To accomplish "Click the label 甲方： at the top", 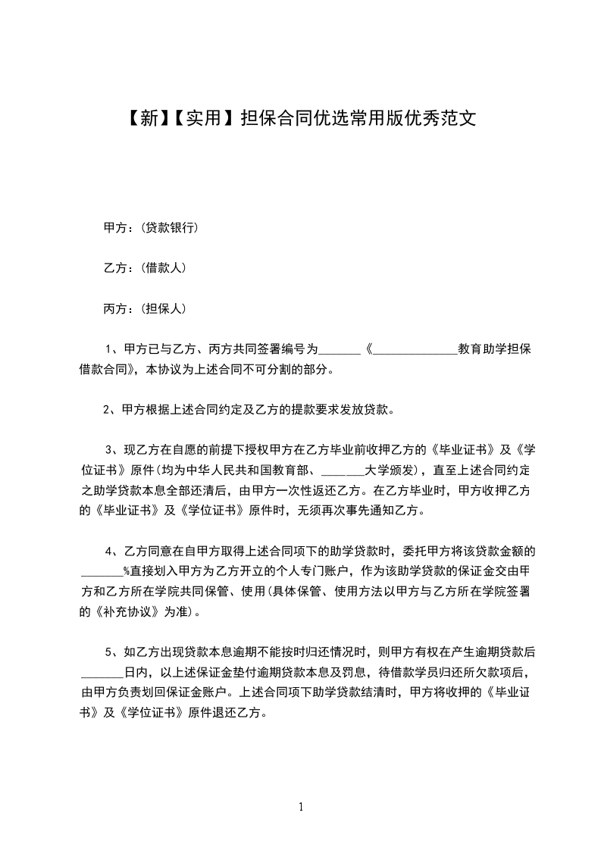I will point(117,227).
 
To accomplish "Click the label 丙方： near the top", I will point(117,309).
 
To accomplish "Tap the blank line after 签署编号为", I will point(340,350).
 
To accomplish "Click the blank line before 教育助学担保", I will point(415,350).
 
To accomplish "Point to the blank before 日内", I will point(102,673).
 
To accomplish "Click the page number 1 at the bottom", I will point(301,807).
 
